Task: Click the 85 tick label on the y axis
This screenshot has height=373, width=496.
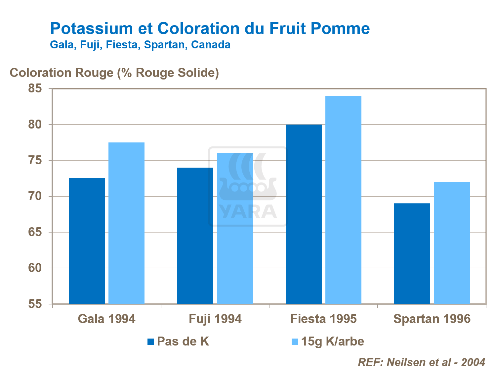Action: [x=35, y=88]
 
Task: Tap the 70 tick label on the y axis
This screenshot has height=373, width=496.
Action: [x=35, y=196]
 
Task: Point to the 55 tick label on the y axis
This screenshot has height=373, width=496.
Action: [x=35, y=304]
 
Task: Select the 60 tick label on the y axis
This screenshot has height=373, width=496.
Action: [x=35, y=268]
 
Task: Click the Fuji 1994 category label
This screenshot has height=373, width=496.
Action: [x=215, y=319]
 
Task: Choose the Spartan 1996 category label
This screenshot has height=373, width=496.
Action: [x=432, y=319]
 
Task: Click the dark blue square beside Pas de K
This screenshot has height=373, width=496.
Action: [x=151, y=342]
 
